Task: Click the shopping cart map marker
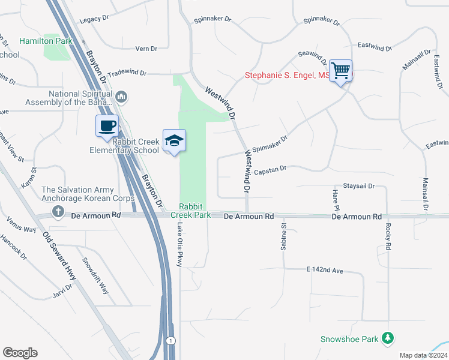[x=340, y=71]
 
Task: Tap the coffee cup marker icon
[x=107, y=127]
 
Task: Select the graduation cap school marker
[x=174, y=141]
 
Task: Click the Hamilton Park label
[x=46, y=41]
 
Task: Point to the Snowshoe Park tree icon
[x=388, y=339]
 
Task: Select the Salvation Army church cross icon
[x=58, y=211]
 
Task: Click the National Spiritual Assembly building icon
[x=122, y=95]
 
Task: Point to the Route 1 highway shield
[x=171, y=341]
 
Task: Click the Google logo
[x=20, y=353]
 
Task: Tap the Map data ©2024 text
[x=423, y=355]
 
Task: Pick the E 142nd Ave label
[x=324, y=271]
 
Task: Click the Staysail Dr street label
[x=358, y=187]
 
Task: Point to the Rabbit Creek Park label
[x=190, y=210]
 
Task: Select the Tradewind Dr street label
[x=127, y=73]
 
